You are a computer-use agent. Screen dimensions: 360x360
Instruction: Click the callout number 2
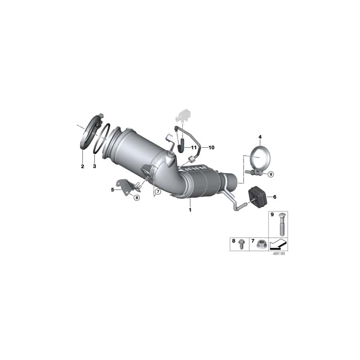[82, 166]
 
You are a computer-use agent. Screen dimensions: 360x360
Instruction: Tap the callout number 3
[94, 166]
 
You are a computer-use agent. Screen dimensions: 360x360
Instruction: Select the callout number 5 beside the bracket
[113, 190]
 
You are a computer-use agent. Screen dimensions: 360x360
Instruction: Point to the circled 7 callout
[158, 192]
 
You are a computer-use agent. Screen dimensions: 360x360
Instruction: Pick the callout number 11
[194, 148]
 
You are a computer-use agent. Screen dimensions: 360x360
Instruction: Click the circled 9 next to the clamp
[271, 174]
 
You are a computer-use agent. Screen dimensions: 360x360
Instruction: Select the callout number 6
[274, 197]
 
